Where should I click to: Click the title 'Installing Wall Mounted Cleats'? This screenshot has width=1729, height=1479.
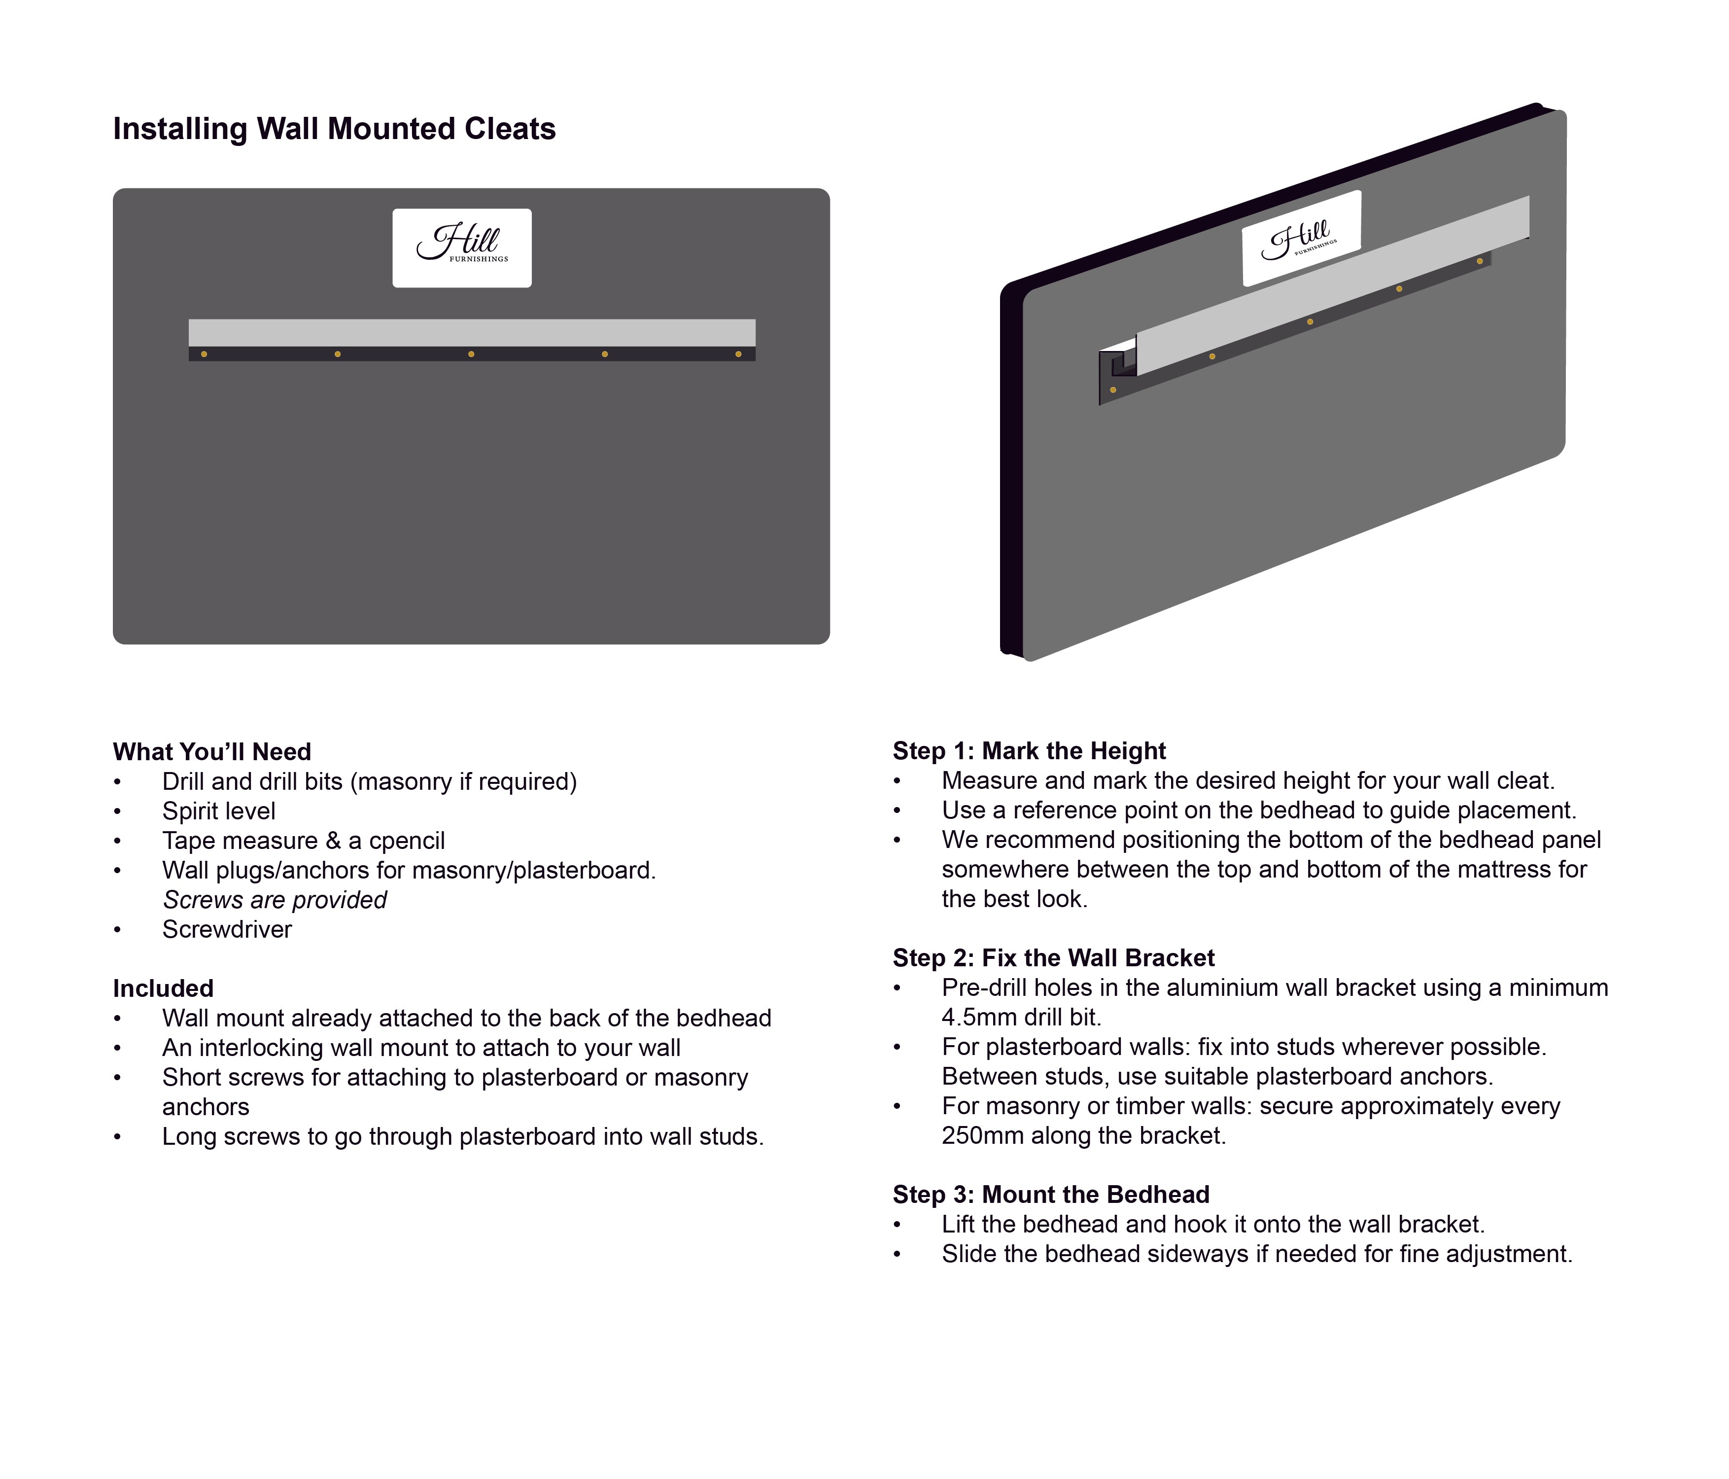point(334,129)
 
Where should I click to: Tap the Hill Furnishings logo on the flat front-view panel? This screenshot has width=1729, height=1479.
point(461,248)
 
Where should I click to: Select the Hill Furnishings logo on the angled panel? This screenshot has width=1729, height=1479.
point(1300,239)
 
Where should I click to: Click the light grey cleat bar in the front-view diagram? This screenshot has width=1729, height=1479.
point(472,332)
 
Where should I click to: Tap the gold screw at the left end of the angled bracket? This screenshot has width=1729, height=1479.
point(1113,390)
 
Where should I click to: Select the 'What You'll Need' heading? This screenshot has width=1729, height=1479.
point(212,752)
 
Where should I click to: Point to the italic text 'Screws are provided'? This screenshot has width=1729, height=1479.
point(275,900)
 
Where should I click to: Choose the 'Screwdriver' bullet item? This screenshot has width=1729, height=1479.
point(227,930)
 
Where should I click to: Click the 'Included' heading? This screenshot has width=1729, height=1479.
point(164,989)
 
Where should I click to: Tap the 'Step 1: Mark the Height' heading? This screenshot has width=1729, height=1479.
point(1029,751)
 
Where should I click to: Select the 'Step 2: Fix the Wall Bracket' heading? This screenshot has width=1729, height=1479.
point(1053,958)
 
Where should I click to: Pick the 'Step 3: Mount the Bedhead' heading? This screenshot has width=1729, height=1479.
point(1051,1195)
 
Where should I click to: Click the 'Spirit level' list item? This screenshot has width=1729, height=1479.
point(219,811)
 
